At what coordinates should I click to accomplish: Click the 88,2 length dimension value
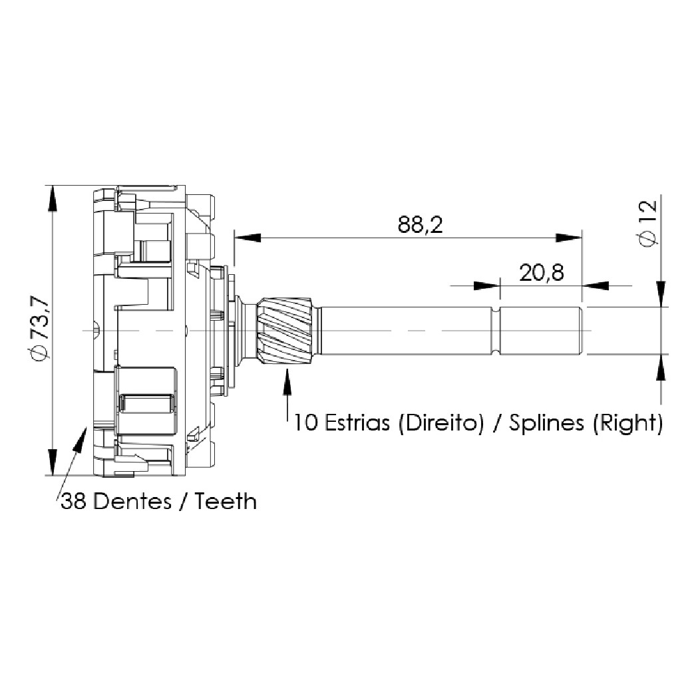coord(420,225)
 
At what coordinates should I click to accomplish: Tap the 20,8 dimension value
coord(542,273)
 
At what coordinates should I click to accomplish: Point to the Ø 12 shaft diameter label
coord(647,224)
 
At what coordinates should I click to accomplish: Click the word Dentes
coord(132,502)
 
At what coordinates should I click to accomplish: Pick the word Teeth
coord(226,502)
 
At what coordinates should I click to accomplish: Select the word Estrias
coord(357,422)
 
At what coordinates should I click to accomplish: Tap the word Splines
coord(546,423)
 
